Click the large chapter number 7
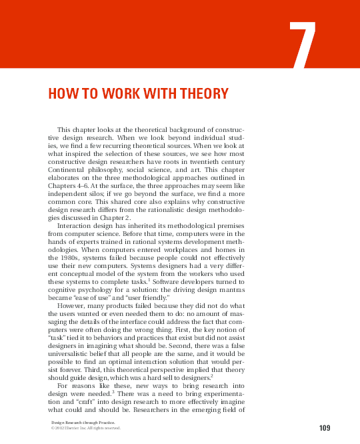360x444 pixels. pyautogui.click(x=304, y=46)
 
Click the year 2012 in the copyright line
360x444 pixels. pyautogui.click(x=57, y=429)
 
